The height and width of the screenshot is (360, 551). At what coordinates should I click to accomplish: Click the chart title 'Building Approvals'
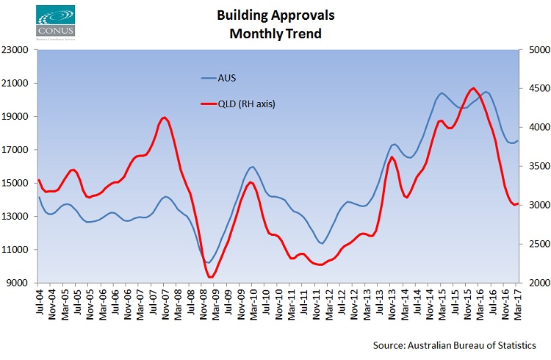click(x=276, y=15)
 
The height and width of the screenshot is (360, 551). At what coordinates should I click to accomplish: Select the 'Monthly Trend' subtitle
click(x=275, y=33)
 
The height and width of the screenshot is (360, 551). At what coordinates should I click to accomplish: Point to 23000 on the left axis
click(x=16, y=50)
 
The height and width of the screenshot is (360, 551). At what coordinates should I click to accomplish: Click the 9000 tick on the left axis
click(x=18, y=283)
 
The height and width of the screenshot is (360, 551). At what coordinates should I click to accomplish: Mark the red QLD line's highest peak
click(x=473, y=88)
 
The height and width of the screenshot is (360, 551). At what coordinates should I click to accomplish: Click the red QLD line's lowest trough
click(x=210, y=277)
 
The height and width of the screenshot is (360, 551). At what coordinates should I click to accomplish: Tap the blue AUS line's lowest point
click(x=209, y=262)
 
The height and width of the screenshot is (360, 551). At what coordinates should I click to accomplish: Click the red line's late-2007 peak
click(x=164, y=118)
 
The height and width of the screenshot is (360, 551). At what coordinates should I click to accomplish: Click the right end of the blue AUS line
click(x=517, y=141)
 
